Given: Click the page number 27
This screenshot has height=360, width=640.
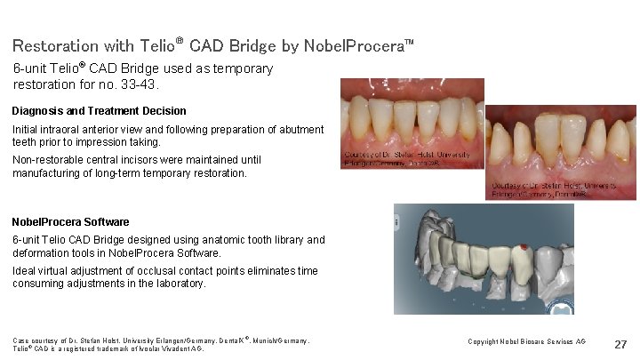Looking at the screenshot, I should pos(620,344).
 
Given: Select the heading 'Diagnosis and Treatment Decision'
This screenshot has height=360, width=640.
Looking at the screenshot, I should pos(100,111).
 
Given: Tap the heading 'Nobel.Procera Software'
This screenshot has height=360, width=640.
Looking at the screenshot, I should pos(71,222).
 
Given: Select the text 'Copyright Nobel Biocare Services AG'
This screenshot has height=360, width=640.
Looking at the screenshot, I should pos(527,341).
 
